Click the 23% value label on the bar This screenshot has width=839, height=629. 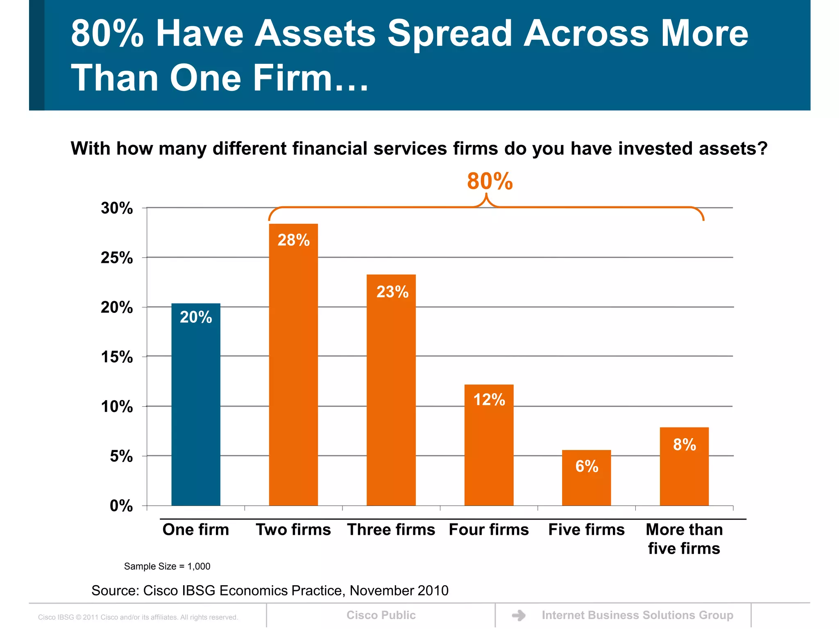click(x=392, y=292)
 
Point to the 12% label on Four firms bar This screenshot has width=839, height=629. click(x=489, y=400)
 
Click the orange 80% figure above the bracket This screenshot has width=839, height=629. click(x=490, y=181)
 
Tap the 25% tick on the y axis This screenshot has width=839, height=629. click(x=117, y=258)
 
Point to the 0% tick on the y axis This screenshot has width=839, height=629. click(x=121, y=506)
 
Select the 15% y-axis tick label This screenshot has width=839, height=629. click(x=117, y=357)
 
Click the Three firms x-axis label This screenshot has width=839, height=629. click(x=391, y=529)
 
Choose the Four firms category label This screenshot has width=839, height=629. click(x=489, y=529)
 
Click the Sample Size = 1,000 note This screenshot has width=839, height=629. click(x=167, y=566)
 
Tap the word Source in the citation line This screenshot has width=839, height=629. click(x=115, y=591)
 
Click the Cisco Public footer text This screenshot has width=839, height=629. click(x=381, y=615)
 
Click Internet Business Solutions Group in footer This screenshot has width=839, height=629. click(x=637, y=615)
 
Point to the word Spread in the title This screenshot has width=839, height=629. click(x=449, y=34)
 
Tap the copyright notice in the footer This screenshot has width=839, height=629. click(x=138, y=617)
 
